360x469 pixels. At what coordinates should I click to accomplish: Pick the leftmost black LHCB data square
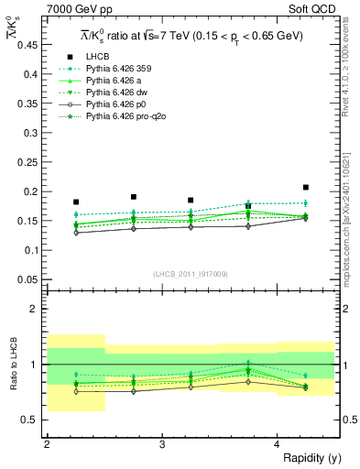[x=76, y=202]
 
